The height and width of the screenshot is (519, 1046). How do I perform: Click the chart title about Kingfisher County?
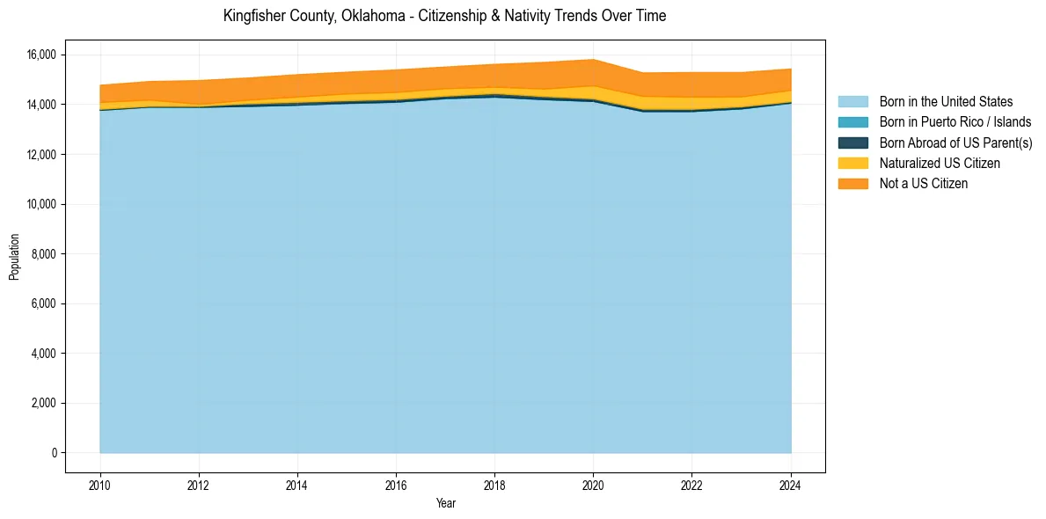(444, 16)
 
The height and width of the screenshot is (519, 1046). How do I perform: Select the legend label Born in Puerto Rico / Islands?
(955, 122)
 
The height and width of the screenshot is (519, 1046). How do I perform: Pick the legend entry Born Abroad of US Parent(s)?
(955, 143)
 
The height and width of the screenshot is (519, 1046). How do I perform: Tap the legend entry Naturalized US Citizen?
(940, 163)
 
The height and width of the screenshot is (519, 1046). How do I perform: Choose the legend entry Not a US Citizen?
(924, 183)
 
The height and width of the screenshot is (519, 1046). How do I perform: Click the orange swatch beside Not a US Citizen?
(852, 183)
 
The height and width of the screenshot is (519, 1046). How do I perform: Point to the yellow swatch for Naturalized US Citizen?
(852, 163)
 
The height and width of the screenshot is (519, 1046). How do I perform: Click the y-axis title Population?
(14, 257)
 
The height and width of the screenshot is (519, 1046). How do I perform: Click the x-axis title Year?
(445, 504)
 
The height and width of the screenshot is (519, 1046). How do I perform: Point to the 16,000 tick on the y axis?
(41, 55)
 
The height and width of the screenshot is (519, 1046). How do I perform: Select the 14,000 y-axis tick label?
(41, 105)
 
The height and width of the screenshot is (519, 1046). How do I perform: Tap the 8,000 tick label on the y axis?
(44, 254)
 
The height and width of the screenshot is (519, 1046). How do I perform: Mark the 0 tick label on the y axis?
(53, 453)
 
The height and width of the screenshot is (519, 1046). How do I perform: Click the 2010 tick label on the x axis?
(100, 484)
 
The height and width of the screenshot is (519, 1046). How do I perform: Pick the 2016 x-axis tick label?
(396, 484)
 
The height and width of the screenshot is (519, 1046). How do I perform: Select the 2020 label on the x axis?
(593, 484)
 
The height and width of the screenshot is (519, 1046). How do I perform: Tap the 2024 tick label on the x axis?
(791, 484)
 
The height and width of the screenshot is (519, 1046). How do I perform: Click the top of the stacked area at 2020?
(593, 60)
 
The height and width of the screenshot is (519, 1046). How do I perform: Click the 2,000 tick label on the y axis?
(44, 404)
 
